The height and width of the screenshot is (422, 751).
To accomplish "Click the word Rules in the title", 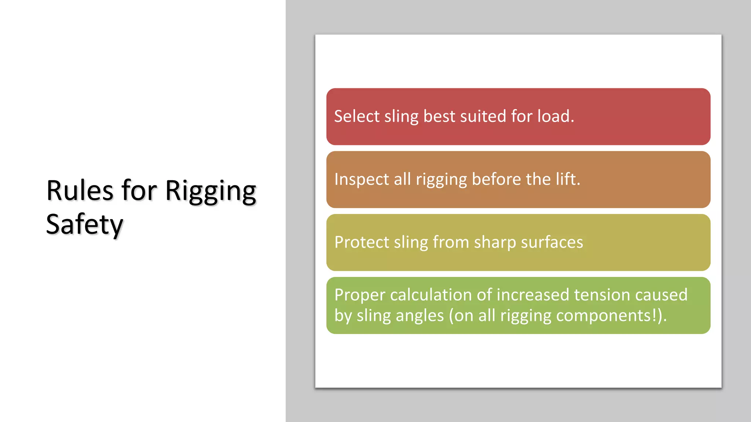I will click(x=80, y=191).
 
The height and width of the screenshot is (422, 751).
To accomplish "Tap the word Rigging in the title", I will click(x=210, y=192).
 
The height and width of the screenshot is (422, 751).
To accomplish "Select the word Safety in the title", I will click(x=84, y=225).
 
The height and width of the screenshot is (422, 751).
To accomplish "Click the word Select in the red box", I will click(x=356, y=116).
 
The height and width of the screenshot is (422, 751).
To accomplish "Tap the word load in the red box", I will click(x=554, y=116).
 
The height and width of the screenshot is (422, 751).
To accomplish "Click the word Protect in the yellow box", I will click(x=362, y=243).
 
